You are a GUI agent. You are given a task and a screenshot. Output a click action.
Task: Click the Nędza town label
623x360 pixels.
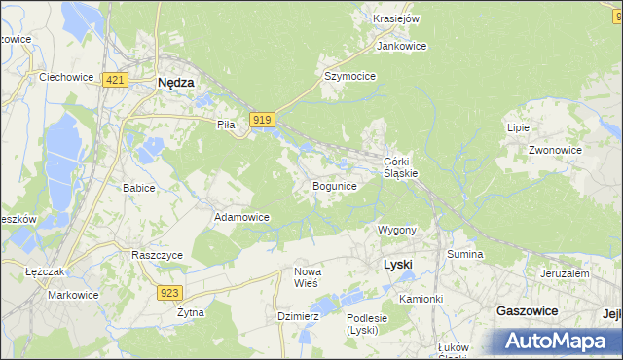click(176, 84)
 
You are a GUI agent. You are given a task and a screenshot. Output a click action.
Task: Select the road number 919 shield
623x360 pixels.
click(260, 119)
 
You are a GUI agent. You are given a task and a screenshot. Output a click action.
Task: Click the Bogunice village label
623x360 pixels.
click(334, 185)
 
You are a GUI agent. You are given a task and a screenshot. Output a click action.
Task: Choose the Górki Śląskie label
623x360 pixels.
click(400, 166)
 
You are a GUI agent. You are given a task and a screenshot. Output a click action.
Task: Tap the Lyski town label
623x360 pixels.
click(398, 264)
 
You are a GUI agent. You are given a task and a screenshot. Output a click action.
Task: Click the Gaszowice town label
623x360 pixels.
click(526, 310)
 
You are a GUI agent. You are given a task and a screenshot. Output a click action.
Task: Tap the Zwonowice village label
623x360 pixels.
click(555, 151)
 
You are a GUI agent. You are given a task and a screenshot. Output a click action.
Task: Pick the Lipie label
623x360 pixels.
click(517, 127)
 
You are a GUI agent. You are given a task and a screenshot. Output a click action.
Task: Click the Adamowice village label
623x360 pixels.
click(241, 217)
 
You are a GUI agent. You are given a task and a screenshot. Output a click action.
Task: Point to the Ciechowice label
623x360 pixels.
click(64, 75)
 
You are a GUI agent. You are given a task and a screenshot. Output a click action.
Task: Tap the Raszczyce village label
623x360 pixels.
click(157, 254)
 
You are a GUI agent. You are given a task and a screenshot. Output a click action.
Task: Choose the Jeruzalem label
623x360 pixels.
click(564, 274)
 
